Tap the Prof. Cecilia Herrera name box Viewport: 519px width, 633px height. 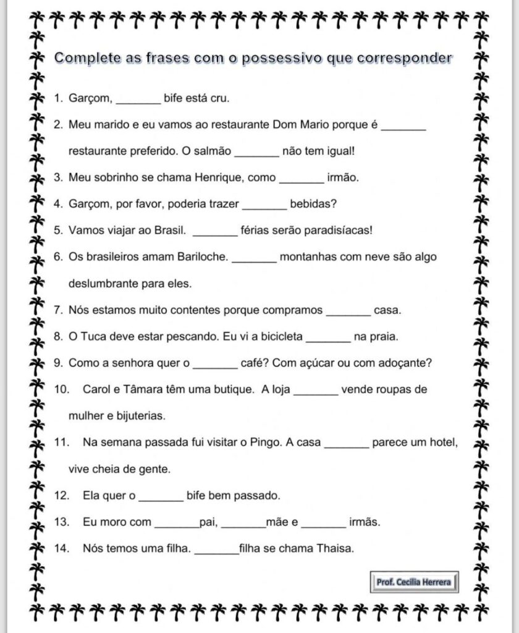(x=414, y=582)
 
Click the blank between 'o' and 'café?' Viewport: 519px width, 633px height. (x=215, y=364)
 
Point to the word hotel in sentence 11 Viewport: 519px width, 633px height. (x=444, y=443)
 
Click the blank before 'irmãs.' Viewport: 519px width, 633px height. (x=324, y=523)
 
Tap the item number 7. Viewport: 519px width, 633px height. (x=58, y=310)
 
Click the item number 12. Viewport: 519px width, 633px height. (x=61, y=496)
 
